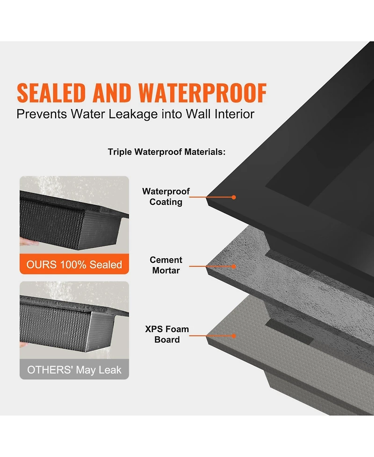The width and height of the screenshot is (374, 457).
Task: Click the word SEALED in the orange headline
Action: pos(52,93)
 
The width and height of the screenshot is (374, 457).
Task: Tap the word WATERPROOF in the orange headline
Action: pos(203,93)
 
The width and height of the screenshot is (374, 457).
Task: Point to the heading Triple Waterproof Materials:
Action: pos(167,152)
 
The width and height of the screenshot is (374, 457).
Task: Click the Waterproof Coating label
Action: pos(166,197)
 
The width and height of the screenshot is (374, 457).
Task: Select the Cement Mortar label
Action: pos(166,265)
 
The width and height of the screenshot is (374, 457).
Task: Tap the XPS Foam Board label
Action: pos(167,334)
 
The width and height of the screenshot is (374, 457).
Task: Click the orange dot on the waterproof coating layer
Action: pos(234,197)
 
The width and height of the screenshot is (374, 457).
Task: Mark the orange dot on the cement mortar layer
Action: pos(234,266)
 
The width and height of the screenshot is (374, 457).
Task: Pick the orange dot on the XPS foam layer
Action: pos(234,335)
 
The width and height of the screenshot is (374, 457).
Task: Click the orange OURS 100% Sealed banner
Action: pos(74,265)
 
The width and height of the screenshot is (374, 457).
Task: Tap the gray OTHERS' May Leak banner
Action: pos(74,370)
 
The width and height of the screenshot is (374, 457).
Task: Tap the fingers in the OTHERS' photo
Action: pos(23,345)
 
